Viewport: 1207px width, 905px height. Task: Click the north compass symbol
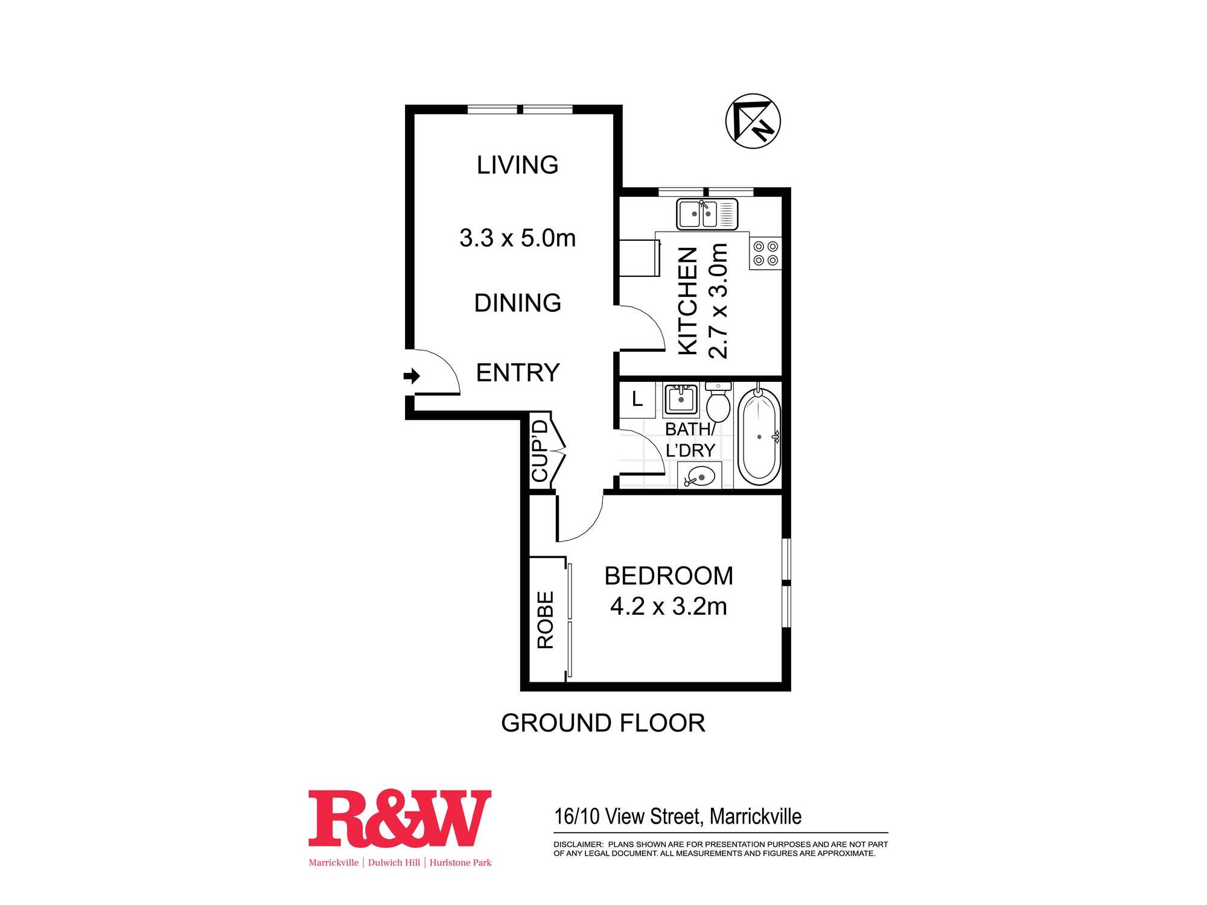(x=753, y=121)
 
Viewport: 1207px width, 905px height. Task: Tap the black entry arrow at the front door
(x=412, y=376)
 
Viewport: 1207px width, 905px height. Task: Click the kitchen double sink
(x=707, y=214)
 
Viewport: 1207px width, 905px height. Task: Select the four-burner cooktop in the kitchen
(x=765, y=253)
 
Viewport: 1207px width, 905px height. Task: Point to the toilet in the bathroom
(x=718, y=402)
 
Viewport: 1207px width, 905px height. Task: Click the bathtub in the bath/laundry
(x=759, y=436)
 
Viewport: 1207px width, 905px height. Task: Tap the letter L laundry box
(x=637, y=399)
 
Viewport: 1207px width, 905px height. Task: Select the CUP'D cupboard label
(x=540, y=451)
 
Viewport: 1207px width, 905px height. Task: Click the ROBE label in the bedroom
(x=545, y=620)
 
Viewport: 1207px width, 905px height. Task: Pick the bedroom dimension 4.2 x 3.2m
(x=669, y=606)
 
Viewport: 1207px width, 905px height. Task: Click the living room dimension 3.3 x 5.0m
(x=517, y=238)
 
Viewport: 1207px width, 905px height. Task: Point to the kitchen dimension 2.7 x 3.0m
(x=718, y=301)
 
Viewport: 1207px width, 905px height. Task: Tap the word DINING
(x=518, y=303)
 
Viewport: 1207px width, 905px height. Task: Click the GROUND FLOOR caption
(x=603, y=723)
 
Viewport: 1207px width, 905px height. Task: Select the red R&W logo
(x=400, y=818)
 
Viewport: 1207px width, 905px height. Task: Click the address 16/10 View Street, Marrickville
(x=678, y=816)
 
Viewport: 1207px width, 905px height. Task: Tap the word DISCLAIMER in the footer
(x=578, y=844)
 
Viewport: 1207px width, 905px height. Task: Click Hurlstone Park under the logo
(x=460, y=863)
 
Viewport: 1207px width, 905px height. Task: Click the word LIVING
(x=518, y=165)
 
